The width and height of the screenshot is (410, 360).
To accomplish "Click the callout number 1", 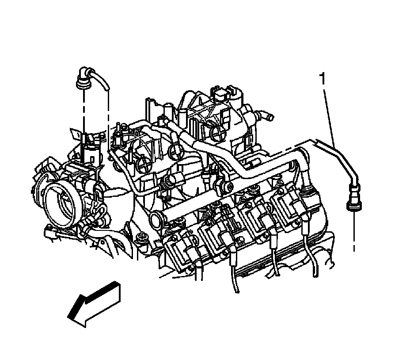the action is [x=323, y=79].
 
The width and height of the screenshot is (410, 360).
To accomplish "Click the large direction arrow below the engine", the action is [x=94, y=304].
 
